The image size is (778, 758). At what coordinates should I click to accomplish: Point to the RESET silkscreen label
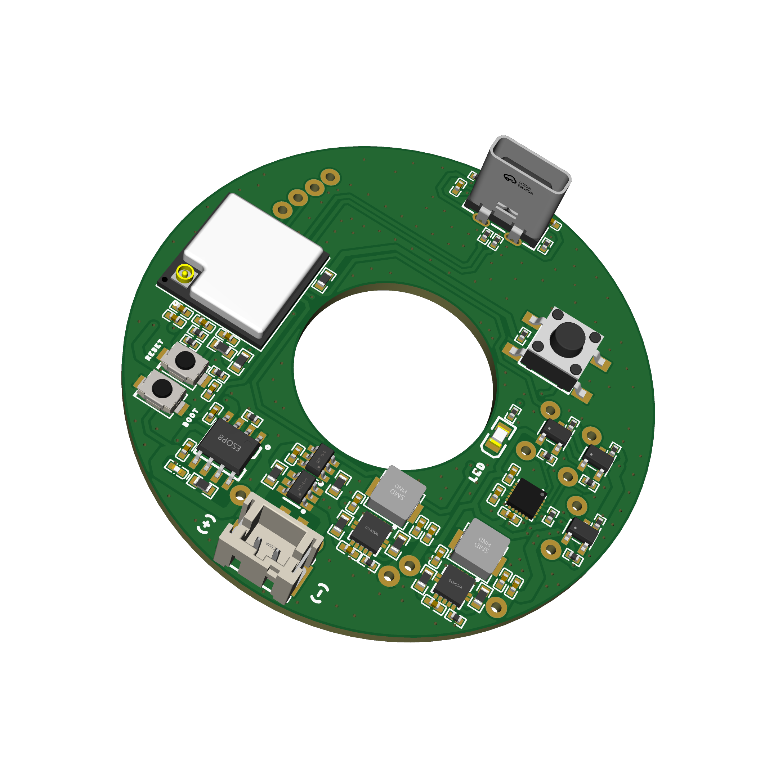[x=154, y=350]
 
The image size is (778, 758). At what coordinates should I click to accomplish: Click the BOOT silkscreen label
[x=190, y=418]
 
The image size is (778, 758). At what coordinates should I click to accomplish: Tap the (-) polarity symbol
[x=319, y=593]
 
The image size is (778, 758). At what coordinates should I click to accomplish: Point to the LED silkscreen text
[x=477, y=472]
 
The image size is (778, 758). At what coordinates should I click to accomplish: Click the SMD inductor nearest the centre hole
[x=396, y=494]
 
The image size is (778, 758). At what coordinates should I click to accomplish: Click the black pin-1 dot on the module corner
[x=165, y=279]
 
